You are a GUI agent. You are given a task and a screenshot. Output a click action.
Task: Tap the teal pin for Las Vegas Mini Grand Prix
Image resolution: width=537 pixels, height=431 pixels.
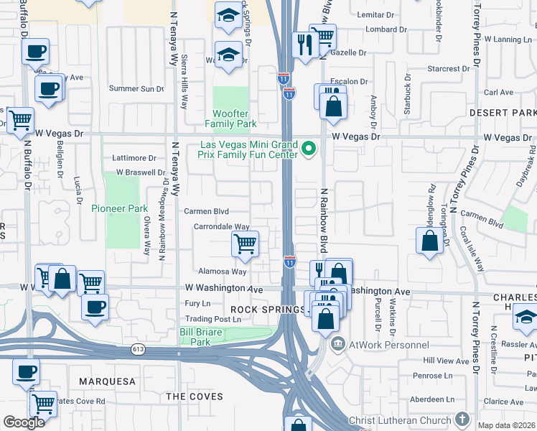click(x=309, y=149)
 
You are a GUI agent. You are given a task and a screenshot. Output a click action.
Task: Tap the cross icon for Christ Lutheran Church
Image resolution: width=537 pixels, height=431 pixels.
click(x=462, y=420)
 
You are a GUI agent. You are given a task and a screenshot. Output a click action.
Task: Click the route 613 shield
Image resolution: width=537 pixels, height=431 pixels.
click(x=138, y=349)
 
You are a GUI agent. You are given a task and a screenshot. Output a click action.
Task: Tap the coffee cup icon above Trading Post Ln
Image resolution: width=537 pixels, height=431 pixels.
click(x=95, y=307)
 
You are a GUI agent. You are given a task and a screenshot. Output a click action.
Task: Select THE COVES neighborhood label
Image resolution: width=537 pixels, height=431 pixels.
click(x=195, y=397)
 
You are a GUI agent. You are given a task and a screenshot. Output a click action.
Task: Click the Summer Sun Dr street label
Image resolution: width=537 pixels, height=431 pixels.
click(x=136, y=89)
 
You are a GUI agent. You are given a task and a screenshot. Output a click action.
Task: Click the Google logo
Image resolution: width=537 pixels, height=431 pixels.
click(x=24, y=422)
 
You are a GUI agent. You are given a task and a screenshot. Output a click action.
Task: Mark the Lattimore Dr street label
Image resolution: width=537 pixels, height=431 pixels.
click(x=134, y=158)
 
